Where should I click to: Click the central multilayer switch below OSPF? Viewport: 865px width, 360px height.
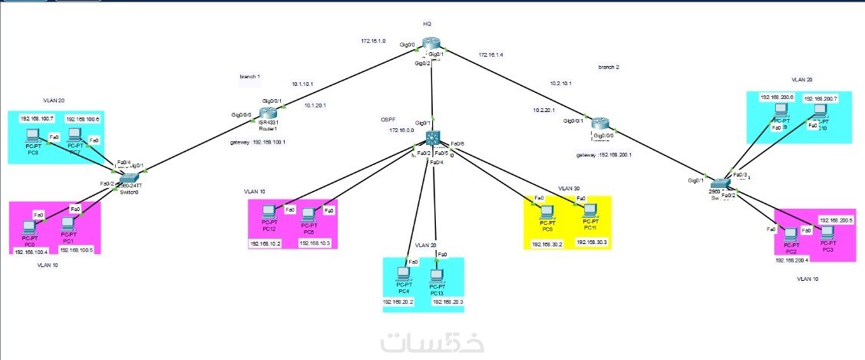434,137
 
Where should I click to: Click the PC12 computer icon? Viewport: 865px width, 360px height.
269,213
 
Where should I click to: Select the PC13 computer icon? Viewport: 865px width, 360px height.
437,276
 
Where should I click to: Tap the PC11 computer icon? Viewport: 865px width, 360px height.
589,210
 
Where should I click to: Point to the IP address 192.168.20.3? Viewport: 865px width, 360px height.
448,302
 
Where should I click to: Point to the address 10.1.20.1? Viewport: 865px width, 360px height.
315,105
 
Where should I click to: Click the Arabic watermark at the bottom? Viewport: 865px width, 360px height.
427,342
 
